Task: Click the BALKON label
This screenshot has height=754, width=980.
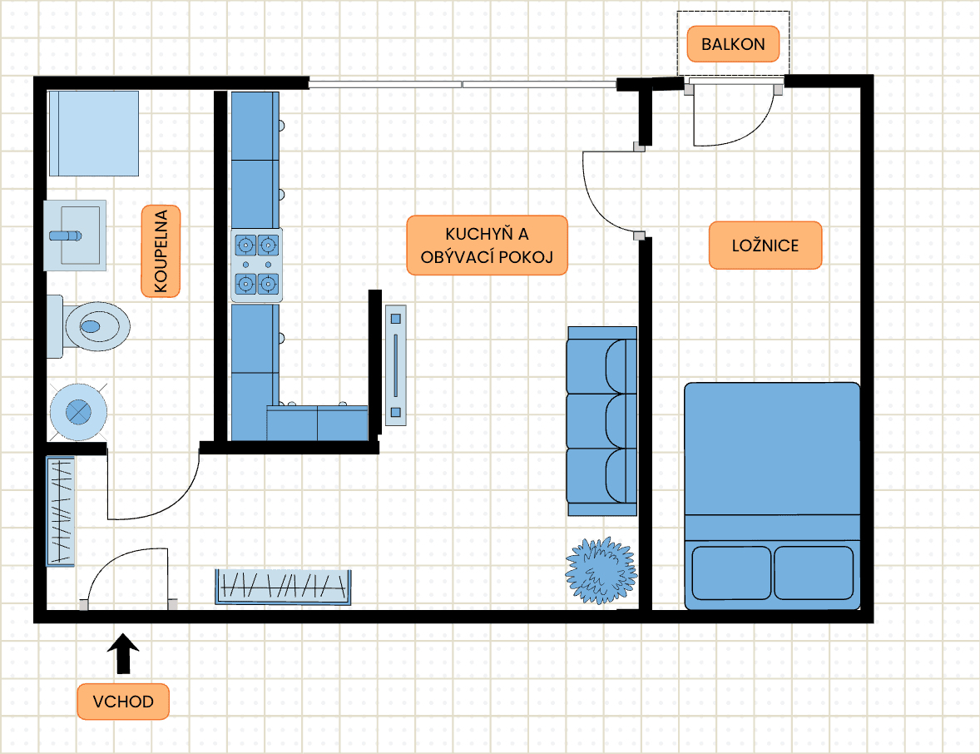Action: pyautogui.click(x=732, y=44)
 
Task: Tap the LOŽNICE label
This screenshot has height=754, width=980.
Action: pyautogui.click(x=765, y=246)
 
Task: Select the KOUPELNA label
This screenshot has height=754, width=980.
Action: pyautogui.click(x=161, y=251)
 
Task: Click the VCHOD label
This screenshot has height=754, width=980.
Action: pyautogui.click(x=123, y=702)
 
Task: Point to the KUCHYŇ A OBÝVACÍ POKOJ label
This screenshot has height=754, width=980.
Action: pyautogui.click(x=487, y=246)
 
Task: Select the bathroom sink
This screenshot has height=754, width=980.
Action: pyautogui.click(x=75, y=236)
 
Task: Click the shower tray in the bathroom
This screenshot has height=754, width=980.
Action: pyautogui.click(x=93, y=134)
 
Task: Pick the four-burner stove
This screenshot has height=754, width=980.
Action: pyautogui.click(x=256, y=265)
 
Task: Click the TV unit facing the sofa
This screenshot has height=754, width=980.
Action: pyautogui.click(x=396, y=365)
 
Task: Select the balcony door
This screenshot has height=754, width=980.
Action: pyautogui.click(x=722, y=117)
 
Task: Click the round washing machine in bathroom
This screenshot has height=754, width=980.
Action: pyautogui.click(x=77, y=412)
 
